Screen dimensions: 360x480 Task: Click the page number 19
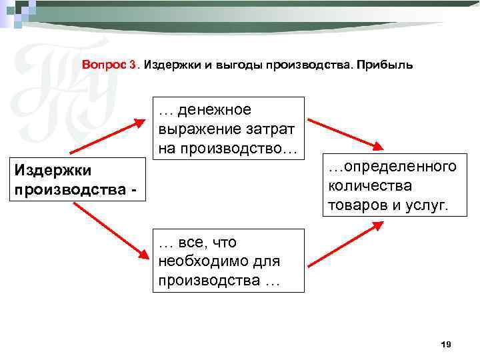[x=446, y=344]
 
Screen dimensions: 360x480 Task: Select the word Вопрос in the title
[x=105, y=65]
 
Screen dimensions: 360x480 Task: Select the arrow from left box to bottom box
[x=110, y=230]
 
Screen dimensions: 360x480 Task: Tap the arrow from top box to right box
[x=345, y=135]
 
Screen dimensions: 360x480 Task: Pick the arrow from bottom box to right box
[x=345, y=245]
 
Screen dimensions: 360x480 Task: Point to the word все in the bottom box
[x=191, y=243]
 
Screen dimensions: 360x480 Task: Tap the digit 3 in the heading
[x=134, y=65]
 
